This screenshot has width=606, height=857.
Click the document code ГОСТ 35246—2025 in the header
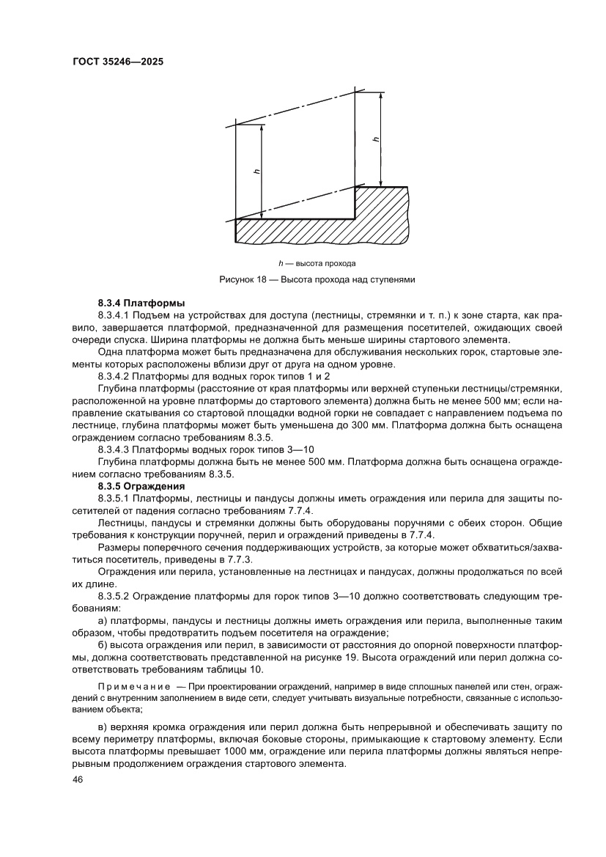click(x=117, y=62)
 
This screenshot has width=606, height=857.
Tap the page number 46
click(x=78, y=780)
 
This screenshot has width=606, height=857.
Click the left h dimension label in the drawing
click(x=256, y=172)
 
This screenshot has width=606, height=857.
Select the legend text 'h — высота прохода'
click(x=317, y=262)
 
